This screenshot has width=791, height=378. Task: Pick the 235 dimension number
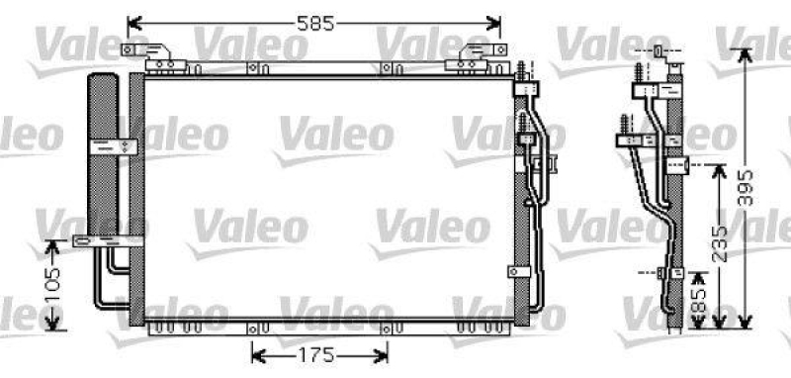[721, 242]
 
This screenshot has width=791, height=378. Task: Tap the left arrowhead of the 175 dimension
[255, 353]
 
